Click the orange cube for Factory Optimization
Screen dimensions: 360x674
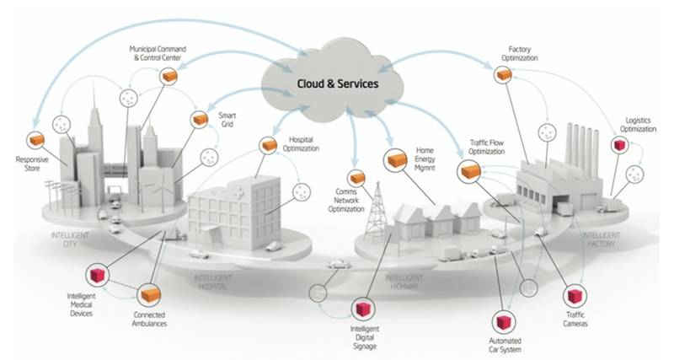504,76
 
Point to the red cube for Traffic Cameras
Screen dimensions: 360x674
575,295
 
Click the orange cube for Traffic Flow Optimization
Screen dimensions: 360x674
469,171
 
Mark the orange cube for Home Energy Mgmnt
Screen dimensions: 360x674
396,158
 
